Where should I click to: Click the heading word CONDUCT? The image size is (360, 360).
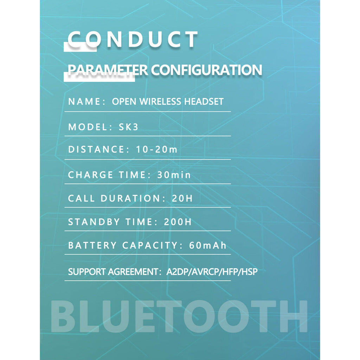pos(133,39)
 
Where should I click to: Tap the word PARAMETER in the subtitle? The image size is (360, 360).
pos(108,70)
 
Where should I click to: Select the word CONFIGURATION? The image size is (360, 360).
pos(206,70)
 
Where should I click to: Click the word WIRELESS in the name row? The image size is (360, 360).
pos(160,102)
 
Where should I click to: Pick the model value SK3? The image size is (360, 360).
pos(129,127)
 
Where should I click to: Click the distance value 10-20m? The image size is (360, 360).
pos(157,149)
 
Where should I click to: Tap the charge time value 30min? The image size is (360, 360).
pos(174,175)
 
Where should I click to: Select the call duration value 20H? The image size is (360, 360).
pos(182,198)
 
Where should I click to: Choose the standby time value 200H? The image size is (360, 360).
pos(178,222)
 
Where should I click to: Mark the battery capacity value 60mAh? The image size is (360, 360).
pos(207,245)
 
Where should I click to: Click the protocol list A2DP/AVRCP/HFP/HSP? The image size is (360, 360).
pos(212,272)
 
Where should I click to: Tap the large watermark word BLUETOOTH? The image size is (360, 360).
pos(179,316)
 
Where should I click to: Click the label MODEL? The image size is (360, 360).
pos(88,127)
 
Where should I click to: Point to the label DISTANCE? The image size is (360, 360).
pos(96,149)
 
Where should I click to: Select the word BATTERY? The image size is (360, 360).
pos(92,245)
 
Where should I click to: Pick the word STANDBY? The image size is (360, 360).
pos(94,222)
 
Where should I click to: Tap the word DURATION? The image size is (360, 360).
pos(130,198)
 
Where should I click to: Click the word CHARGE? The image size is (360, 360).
pos(90,175)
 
